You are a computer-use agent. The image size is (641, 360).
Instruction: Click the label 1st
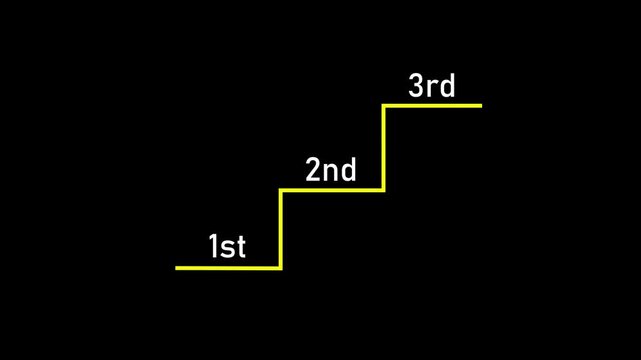click(227, 246)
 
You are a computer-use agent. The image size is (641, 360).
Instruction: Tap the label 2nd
click(331, 170)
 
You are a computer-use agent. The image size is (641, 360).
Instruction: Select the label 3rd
click(432, 86)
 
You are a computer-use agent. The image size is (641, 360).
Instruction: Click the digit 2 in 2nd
click(313, 170)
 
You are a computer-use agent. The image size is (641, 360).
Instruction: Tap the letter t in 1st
click(240, 247)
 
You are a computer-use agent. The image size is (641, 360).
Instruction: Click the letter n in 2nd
click(331, 172)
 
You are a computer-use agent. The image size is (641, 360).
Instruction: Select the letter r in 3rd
click(433, 88)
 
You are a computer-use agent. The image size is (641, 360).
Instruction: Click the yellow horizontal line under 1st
click(228, 267)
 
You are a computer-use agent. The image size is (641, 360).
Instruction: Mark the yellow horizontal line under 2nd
click(332, 190)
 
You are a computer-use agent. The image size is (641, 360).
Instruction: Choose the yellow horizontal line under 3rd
click(433, 105)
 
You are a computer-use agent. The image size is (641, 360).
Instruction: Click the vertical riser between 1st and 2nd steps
click(281, 229)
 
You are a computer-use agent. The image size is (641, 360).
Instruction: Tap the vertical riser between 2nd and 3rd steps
click(384, 148)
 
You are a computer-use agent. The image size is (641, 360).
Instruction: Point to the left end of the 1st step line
click(177, 267)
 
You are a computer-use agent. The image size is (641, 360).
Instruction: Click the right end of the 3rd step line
click(480, 105)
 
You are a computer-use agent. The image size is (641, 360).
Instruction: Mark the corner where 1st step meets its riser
click(281, 267)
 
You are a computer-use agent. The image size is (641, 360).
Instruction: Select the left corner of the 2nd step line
click(281, 190)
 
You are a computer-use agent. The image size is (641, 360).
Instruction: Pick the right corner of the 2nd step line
click(384, 190)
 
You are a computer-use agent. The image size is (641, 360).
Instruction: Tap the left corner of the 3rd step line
click(384, 105)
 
